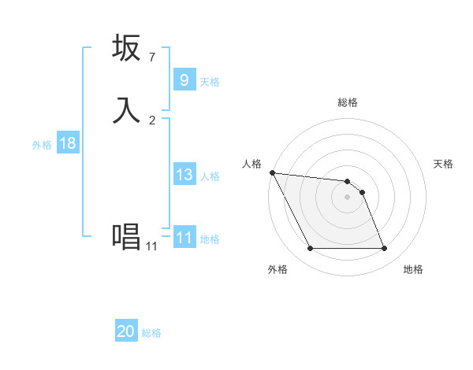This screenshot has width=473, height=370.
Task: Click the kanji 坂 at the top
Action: pyautogui.click(x=127, y=49)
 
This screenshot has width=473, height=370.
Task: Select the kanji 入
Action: pyautogui.click(x=127, y=110)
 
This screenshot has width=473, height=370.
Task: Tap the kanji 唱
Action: pyautogui.click(x=127, y=236)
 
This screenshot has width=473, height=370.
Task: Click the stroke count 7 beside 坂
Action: pyautogui.click(x=151, y=57)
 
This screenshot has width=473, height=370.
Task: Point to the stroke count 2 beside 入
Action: pyautogui.click(x=151, y=120)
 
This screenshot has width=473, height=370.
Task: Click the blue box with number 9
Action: pyautogui.click(x=184, y=80)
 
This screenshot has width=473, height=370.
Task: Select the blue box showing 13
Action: pyautogui.click(x=184, y=175)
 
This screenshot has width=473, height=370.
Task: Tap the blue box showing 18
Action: pyautogui.click(x=67, y=143)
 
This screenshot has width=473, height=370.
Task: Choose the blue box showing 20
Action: pyautogui.click(x=126, y=331)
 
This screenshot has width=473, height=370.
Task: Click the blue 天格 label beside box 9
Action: pyautogui.click(x=210, y=82)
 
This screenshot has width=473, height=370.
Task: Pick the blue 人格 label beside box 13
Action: pyautogui.click(x=210, y=176)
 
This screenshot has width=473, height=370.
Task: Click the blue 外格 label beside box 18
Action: pyautogui.click(x=42, y=145)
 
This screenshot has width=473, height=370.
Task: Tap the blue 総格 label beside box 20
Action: pyautogui.click(x=151, y=333)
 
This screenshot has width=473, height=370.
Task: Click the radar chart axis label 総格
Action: pyautogui.click(x=347, y=102)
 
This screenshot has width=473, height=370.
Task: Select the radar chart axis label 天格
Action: pyautogui.click(x=443, y=164)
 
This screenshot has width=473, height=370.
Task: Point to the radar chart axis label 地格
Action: pyautogui.click(x=413, y=269)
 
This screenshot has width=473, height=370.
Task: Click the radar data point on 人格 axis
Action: pyautogui.click(x=272, y=172)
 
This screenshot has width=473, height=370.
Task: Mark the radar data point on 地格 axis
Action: pyautogui.click(x=384, y=249)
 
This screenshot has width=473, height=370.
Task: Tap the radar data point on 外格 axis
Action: pyautogui.click(x=310, y=249)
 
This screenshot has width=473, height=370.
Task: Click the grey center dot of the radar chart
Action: pyautogui.click(x=347, y=197)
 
